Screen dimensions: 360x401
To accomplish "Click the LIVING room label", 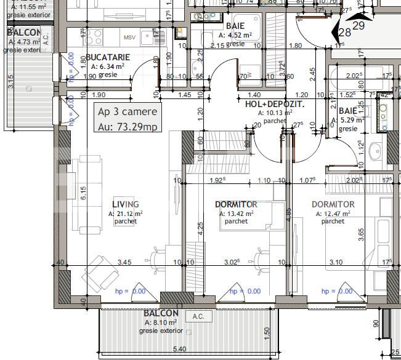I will (x=125, y=204).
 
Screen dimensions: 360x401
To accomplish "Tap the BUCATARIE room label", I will (x=107, y=57).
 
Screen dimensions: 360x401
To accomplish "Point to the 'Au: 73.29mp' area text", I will (x=128, y=127).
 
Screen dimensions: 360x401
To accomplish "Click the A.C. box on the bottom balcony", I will (x=198, y=316).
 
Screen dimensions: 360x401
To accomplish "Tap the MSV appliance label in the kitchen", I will (x=129, y=38).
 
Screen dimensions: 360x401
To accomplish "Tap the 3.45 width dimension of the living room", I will (x=125, y=262).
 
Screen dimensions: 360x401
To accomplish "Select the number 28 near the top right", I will (x=345, y=32).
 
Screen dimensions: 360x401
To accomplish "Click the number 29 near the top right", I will (x=358, y=26).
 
